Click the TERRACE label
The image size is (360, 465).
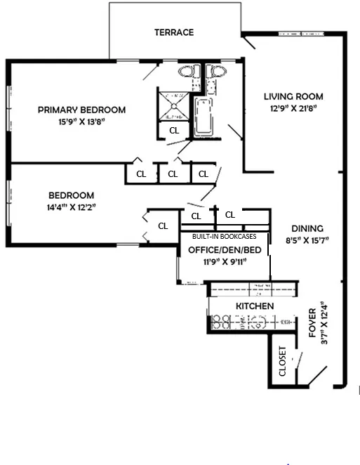coord(174,32)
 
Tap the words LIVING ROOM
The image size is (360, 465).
coord(293,97)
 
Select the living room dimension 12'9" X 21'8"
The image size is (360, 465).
coord(293,108)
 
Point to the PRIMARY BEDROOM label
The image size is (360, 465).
coord(82,110)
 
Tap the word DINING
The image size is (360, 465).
coord(307,228)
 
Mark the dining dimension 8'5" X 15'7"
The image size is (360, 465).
coord(307,240)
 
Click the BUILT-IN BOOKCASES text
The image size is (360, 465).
coord(225,237)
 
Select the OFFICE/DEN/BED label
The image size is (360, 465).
coord(225,250)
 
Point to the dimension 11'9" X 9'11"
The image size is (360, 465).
coord(225,261)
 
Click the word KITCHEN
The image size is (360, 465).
coord(254,307)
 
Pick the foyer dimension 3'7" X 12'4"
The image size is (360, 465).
coord(324,323)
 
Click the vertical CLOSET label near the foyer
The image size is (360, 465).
coord(283,362)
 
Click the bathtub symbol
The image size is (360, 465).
coord(205,117)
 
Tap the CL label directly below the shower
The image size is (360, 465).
coord(173,131)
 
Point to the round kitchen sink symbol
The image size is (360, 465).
coord(256,322)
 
